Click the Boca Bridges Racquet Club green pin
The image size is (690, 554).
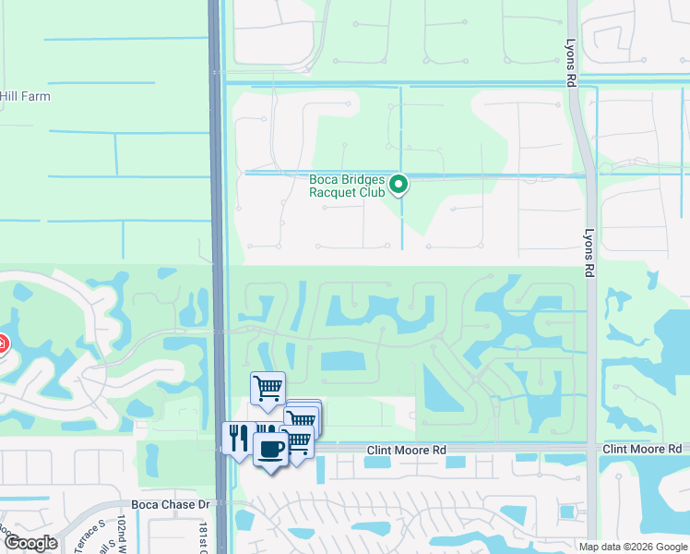[399, 185]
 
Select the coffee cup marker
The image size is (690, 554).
[270, 450]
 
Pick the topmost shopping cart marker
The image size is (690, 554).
[268, 388]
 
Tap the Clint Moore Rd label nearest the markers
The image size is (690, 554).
[407, 450]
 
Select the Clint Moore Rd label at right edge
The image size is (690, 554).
[645, 449]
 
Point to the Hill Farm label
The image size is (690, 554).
[25, 96]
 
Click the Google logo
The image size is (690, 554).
[30, 543]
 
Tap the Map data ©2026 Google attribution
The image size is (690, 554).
[633, 547]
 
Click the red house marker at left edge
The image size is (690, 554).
[3, 344]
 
